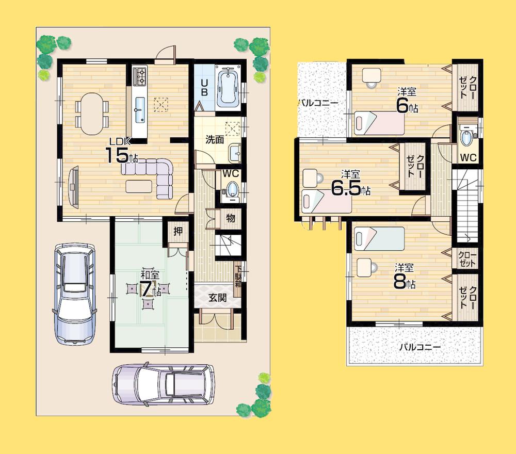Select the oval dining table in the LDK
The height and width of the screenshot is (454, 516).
point(92,110)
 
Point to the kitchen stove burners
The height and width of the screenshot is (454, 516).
point(140,76)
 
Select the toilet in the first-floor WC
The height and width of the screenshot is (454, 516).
point(232,190)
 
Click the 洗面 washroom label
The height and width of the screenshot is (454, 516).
point(214,139)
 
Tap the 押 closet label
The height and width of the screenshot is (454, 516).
point(178,232)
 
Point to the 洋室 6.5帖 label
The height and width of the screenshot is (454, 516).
point(349,183)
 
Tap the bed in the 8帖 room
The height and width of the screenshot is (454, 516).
point(379,238)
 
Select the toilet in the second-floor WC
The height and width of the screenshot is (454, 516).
point(467,138)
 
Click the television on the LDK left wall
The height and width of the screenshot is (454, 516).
point(73,186)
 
